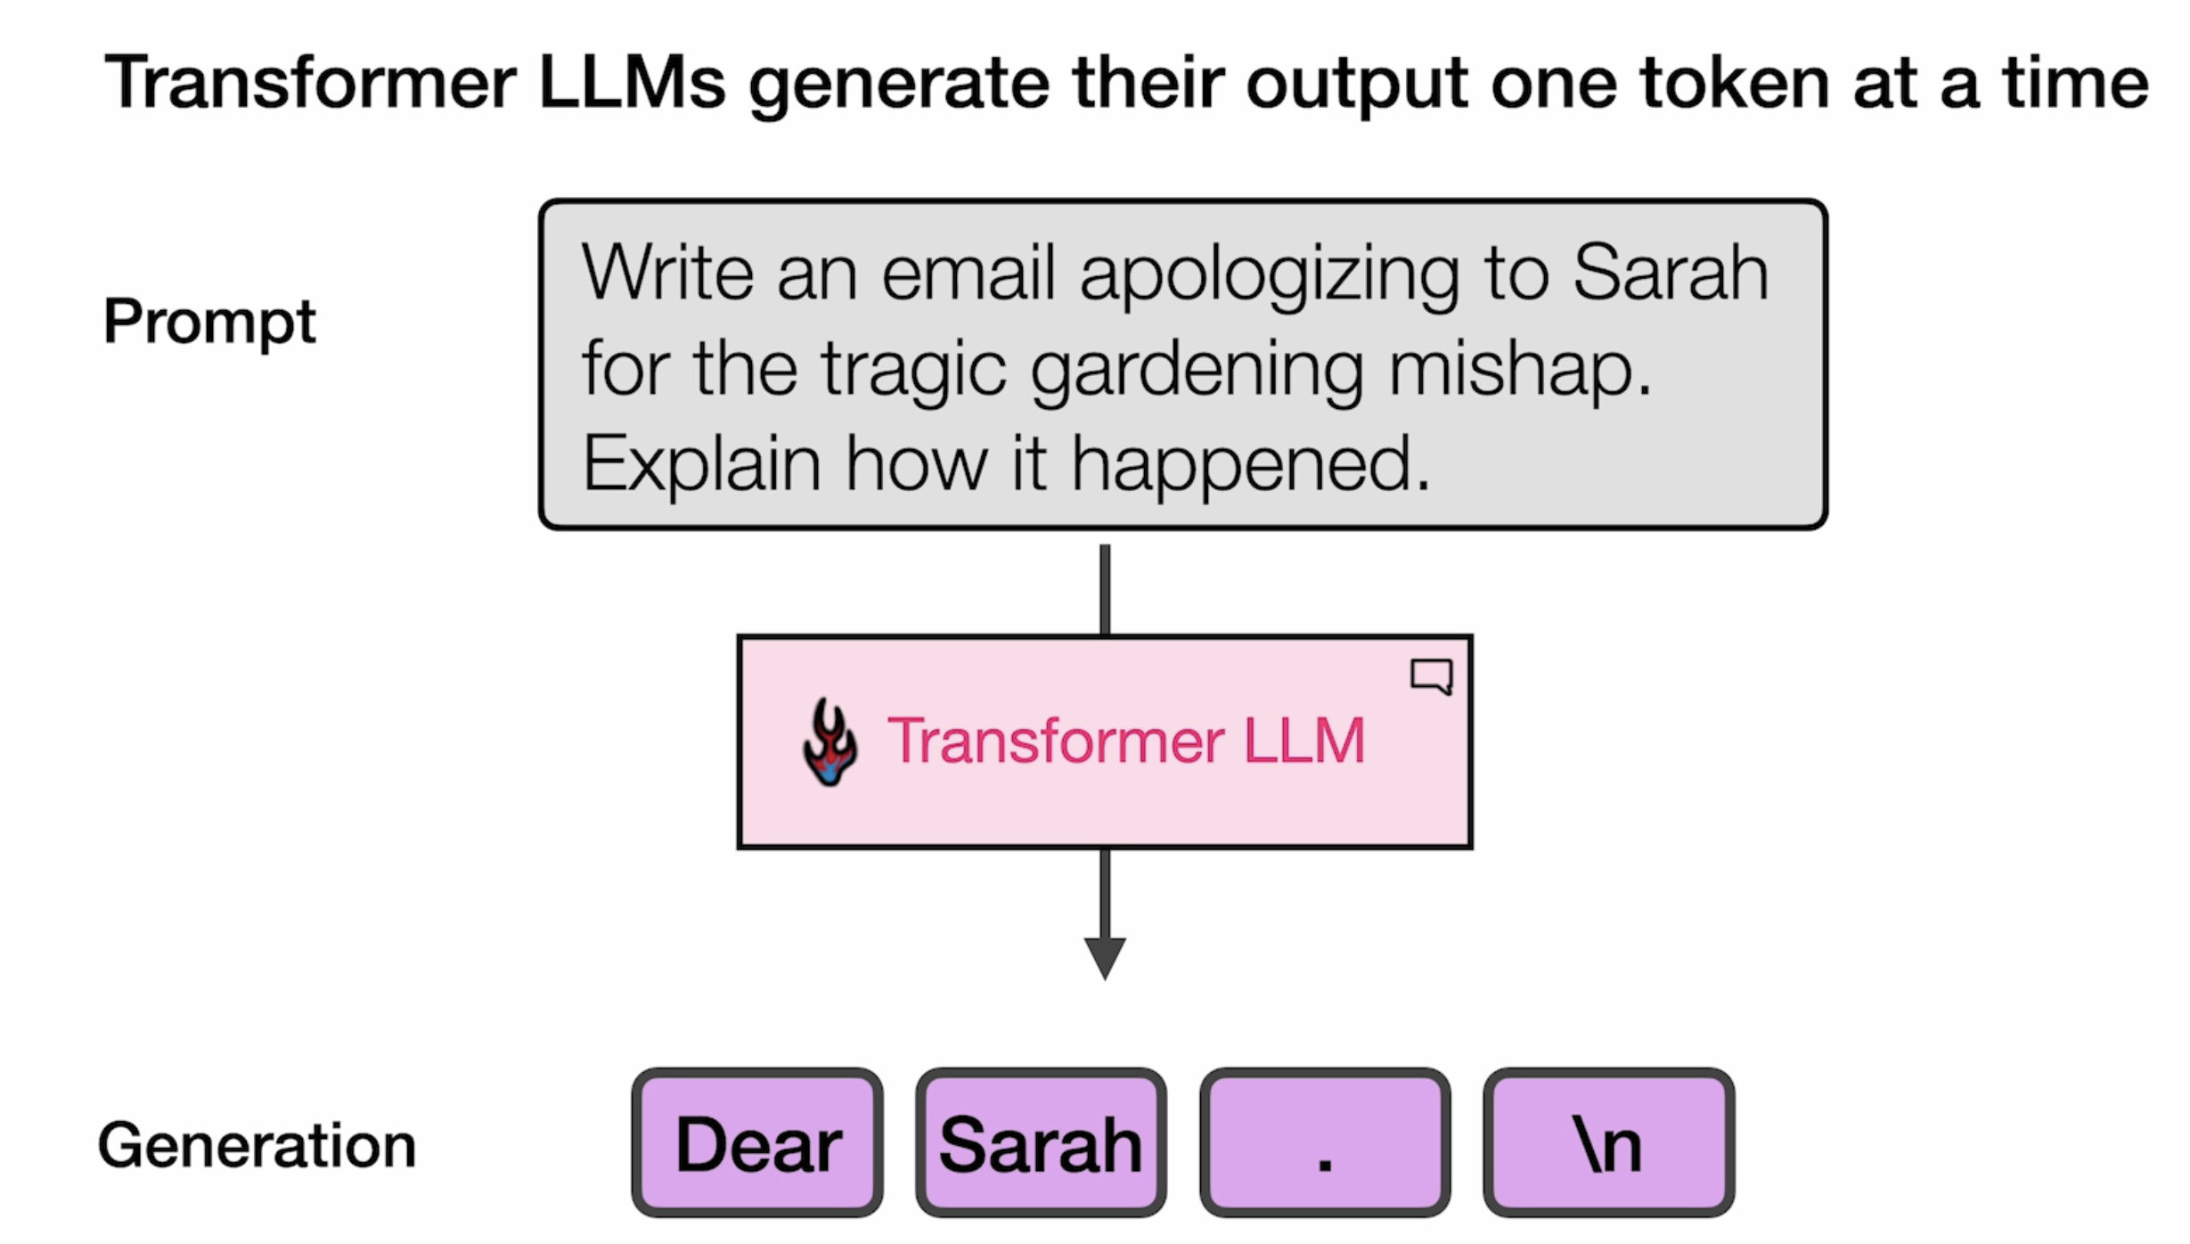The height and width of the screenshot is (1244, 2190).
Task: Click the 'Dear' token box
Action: (x=757, y=1142)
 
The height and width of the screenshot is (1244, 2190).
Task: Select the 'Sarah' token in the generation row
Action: (x=1042, y=1142)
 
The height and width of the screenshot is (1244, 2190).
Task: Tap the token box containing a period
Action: (x=1325, y=1142)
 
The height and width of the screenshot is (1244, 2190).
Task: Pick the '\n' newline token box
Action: (x=1609, y=1142)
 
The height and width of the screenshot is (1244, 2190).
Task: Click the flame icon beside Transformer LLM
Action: (x=829, y=742)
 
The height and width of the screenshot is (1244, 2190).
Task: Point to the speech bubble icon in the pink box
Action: (x=1432, y=676)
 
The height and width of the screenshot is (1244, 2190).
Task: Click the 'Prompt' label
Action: (x=209, y=323)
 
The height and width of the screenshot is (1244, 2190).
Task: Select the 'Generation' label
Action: (x=257, y=1145)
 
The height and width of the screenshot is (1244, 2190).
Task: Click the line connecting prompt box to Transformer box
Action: (x=1105, y=589)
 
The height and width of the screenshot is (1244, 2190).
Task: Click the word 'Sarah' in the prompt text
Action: (x=1671, y=273)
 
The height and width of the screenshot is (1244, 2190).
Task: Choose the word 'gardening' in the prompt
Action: (x=1197, y=372)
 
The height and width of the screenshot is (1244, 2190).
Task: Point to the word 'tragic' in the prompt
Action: (x=913, y=372)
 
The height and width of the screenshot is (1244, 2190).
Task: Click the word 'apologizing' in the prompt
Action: (x=1270, y=277)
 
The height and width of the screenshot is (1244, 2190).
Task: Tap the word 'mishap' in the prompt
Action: (x=1510, y=372)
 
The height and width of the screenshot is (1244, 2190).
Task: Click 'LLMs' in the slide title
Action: (x=633, y=83)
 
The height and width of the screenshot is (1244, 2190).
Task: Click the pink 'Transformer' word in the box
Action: (x=1056, y=741)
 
